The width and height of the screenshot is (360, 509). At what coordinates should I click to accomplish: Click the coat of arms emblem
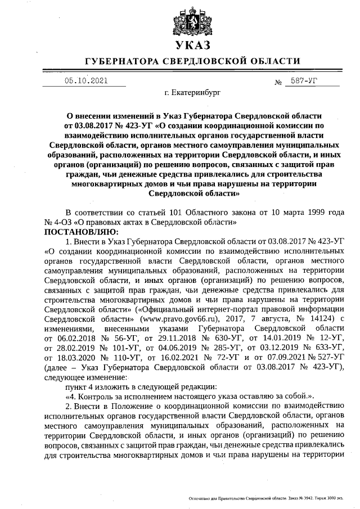pyautogui.click(x=191, y=20)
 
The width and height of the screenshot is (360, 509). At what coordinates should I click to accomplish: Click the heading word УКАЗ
pyautogui.click(x=192, y=46)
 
